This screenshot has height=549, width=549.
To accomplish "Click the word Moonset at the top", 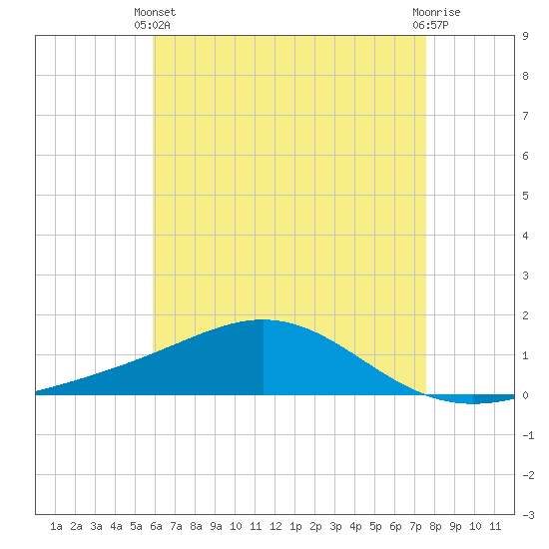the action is [x=155, y=12].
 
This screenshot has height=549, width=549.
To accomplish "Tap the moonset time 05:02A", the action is [x=152, y=25].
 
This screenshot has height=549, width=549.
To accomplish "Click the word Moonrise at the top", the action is [x=436, y=12].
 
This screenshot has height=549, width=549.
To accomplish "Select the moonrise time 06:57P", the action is [x=430, y=25].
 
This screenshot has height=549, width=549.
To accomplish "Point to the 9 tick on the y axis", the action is [x=525, y=36].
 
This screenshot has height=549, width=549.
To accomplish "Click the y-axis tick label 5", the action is [x=525, y=196].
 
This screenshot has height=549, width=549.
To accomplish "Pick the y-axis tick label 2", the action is [x=525, y=315].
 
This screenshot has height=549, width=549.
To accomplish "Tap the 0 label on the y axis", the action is [x=525, y=395].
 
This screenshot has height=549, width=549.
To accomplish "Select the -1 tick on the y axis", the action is [x=528, y=435].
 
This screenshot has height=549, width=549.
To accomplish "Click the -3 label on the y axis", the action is [x=528, y=515].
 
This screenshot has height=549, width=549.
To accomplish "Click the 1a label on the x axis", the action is [x=56, y=526].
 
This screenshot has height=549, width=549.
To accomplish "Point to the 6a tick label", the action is [x=156, y=526].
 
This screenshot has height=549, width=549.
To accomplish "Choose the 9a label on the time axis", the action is [x=216, y=526].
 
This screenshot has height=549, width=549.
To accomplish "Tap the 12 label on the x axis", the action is [x=275, y=526].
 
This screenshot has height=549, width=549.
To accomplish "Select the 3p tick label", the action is [x=335, y=526].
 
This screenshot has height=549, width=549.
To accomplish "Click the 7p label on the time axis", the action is [x=415, y=526].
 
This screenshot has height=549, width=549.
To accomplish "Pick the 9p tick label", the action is [x=455, y=526].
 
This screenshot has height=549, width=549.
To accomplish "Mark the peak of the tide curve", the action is [x=264, y=319].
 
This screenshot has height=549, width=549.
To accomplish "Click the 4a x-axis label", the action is [x=116, y=526].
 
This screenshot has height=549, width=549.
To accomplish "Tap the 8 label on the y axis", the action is [x=525, y=76].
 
